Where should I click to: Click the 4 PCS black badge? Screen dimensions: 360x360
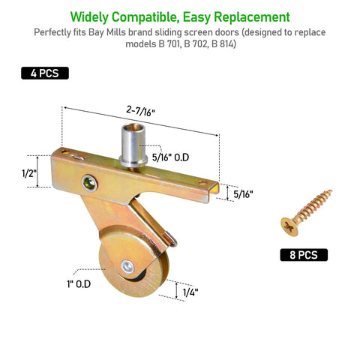point(45,73)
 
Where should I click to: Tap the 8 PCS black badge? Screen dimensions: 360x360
point(304,255)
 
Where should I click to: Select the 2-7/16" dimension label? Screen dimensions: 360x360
point(140,111)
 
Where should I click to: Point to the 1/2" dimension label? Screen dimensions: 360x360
point(29,173)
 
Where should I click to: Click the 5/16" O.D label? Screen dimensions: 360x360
point(170,157)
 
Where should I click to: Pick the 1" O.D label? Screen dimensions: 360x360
point(79,284)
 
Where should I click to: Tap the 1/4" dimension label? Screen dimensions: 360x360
point(190,292)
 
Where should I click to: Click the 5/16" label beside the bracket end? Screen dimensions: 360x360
point(243,194)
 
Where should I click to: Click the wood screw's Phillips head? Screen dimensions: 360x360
point(289,226)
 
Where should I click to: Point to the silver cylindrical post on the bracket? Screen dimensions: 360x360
point(133,145)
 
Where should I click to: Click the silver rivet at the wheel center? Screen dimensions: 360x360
point(127,266)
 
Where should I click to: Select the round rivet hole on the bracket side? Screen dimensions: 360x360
point(90,183)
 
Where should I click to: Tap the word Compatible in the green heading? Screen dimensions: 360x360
point(145,17)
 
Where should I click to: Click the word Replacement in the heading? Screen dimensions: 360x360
point(252,17)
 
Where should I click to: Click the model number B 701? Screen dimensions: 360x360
point(169,44)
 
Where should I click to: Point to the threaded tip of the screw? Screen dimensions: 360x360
point(331,191)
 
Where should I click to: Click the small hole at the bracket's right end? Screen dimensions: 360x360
point(202,183)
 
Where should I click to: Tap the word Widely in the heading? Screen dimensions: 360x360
point(89,17)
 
